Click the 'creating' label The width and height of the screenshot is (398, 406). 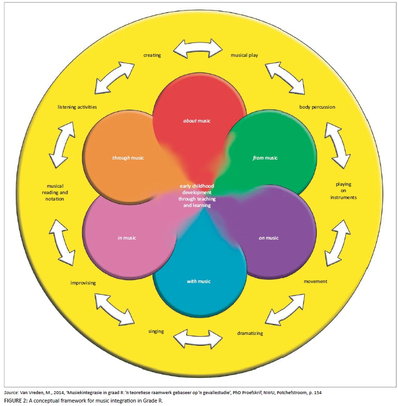click(x=152, y=55)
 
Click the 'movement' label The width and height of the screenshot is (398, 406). click(x=316, y=282)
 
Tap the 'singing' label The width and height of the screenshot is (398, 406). click(x=156, y=331)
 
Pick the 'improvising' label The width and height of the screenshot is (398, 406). click(x=83, y=283)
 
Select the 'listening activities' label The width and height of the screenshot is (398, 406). click(x=77, y=107)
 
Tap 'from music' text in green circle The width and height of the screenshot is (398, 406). click(x=265, y=158)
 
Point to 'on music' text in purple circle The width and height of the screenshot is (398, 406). click(x=268, y=238)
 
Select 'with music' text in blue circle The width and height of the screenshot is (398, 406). click(x=198, y=282)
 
